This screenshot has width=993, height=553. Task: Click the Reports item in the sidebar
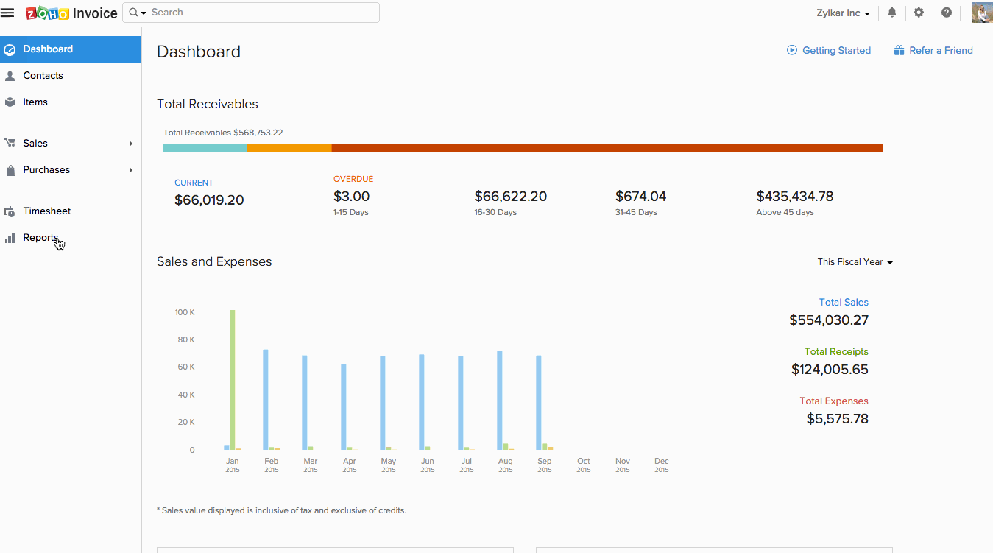[x=40, y=238]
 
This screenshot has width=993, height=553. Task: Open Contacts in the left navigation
[x=43, y=76]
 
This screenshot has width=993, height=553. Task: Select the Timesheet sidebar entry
[x=46, y=211]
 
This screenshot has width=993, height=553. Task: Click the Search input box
[x=261, y=13]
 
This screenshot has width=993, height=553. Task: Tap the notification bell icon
[x=892, y=13]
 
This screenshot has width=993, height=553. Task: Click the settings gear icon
[x=919, y=13]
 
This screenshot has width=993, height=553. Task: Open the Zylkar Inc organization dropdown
[x=843, y=13]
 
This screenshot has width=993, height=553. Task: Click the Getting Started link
[x=836, y=51]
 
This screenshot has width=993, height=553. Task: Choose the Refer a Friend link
[x=941, y=51]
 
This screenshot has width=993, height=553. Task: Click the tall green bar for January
[x=233, y=379]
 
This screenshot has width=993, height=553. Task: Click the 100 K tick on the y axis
[x=185, y=312]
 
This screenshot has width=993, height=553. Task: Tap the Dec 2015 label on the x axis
[x=662, y=465]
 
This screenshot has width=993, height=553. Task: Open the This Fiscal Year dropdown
[x=855, y=262]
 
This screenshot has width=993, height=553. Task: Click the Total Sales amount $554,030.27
[x=829, y=320]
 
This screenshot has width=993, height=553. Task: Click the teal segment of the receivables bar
[x=205, y=148]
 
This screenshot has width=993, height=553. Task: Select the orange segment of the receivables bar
[x=289, y=148]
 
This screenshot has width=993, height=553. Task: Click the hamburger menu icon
[x=7, y=13]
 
